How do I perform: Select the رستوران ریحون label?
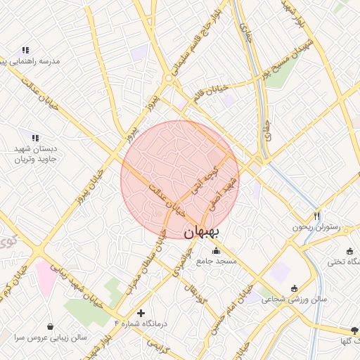click(x=316, y=227)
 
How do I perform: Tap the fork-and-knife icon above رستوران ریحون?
click(x=317, y=216)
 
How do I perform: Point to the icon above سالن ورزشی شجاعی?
click(x=294, y=288)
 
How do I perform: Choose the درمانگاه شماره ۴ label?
click(x=142, y=323)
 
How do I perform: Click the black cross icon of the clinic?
click(x=141, y=312)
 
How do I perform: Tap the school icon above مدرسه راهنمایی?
click(x=25, y=50)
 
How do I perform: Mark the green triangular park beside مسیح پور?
click(x=281, y=78)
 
